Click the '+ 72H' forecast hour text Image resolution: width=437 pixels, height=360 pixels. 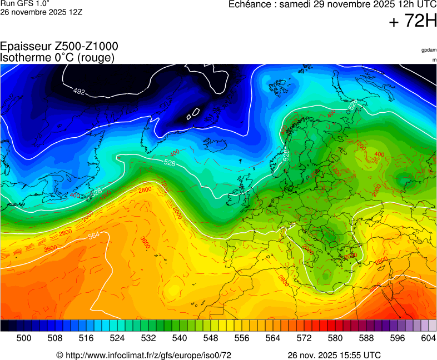coord(413,21)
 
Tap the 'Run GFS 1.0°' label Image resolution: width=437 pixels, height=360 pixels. coord(25,3)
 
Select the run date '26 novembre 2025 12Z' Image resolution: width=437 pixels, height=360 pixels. coord(41,12)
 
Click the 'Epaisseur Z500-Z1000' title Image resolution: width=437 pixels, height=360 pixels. coord(59,47)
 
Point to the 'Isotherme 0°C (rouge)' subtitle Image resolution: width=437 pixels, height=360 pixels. coord(58,57)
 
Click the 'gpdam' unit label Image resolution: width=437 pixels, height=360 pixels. coord(429,50)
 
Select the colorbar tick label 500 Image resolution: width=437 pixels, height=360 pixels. coord(24,337)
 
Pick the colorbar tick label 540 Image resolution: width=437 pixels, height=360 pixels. coord(180,337)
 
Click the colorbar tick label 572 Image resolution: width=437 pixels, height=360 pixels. coord(304,337)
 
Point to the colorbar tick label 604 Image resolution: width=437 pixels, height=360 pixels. coord(428,337)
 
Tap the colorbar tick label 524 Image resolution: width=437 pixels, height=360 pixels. coord(117,337)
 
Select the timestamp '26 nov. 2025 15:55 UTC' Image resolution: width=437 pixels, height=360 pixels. coord(334,355)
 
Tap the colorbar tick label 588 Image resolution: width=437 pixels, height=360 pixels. coord(366,337)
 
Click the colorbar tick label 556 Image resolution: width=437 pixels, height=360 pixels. coord(242,337)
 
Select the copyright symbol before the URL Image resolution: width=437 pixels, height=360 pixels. coord(59,355)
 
